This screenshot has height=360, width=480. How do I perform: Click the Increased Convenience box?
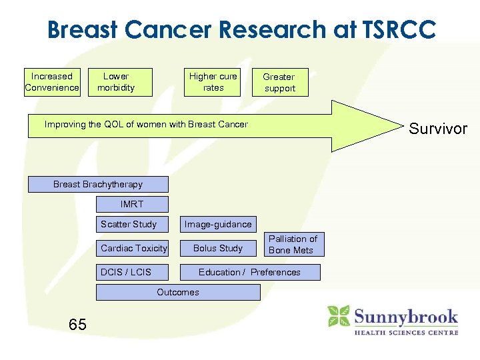point(52,82)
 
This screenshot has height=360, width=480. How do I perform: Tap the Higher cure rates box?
point(213,82)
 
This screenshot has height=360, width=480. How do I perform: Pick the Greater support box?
point(280,83)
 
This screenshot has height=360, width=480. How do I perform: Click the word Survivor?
point(438,129)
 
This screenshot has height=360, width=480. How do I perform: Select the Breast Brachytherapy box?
point(98,184)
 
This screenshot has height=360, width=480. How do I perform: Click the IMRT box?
point(132,204)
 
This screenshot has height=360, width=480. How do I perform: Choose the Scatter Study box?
point(132,224)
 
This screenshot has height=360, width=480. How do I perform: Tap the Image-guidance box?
point(218,224)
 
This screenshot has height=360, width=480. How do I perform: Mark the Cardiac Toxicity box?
point(132,248)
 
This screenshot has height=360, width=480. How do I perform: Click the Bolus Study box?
point(218,248)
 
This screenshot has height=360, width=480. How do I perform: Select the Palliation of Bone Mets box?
point(293,244)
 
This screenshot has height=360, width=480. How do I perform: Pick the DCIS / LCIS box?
point(132,272)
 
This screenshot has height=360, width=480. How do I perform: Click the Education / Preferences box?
point(249,272)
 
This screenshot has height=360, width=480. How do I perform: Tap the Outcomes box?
point(178,292)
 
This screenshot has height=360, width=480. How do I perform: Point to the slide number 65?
point(77,325)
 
